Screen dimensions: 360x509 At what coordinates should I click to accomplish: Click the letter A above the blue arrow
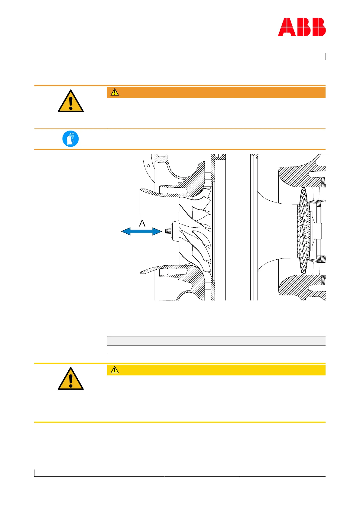point(142,223)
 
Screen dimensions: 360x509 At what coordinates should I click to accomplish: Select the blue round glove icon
point(70,139)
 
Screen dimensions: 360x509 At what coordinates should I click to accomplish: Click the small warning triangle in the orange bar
point(115,92)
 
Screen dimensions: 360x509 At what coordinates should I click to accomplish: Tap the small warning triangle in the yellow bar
point(115,370)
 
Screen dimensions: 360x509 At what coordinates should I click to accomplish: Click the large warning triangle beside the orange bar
point(71,102)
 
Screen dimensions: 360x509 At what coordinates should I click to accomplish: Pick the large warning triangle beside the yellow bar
point(71,379)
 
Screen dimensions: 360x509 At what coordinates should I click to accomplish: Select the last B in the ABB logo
point(317,27)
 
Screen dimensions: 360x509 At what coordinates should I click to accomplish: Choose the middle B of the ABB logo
point(302,27)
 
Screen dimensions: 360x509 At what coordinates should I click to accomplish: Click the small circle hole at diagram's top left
point(148,166)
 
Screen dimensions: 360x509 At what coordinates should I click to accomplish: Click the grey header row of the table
point(216,341)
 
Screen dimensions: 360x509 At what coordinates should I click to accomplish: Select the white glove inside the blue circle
point(71,139)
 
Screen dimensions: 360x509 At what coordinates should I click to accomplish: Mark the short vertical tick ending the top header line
point(325,57)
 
